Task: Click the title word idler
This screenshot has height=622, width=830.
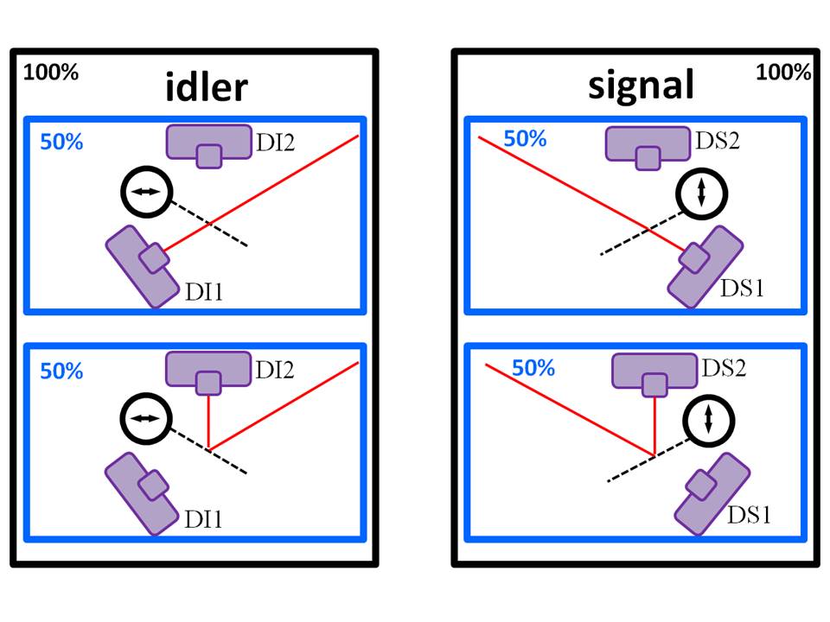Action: pos(207,87)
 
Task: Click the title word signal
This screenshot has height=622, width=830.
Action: pos(641,85)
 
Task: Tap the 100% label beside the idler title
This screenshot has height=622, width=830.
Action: pos(51,73)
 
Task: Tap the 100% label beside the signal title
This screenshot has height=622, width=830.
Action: pos(783,73)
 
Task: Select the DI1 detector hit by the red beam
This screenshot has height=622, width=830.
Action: pos(141,265)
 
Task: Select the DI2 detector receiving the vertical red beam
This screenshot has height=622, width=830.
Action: pos(207,371)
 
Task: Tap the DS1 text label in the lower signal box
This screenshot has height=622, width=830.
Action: pos(749,516)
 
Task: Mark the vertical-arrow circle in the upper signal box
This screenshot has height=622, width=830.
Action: pos(702,193)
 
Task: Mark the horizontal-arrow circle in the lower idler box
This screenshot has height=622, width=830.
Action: pos(144,418)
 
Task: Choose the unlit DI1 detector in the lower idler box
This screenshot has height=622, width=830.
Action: pos(139,494)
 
